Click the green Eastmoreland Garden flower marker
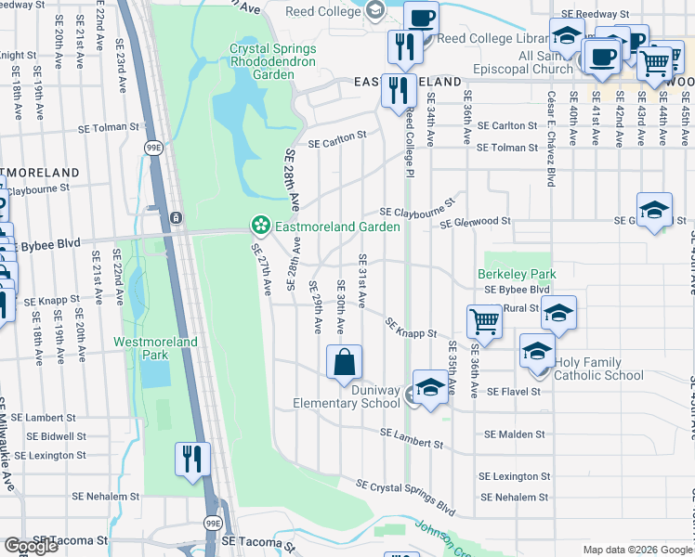click(x=261, y=226)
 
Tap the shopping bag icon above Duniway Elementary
click(x=344, y=362)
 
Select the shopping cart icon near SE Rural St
click(x=484, y=322)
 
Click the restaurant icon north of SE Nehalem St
click(x=192, y=459)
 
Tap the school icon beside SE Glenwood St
click(x=654, y=209)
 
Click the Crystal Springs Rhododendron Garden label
click(x=273, y=55)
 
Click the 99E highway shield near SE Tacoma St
click(x=213, y=524)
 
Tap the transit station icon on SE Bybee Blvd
click(x=176, y=218)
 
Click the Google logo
click(x=31, y=546)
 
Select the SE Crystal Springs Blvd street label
click(x=406, y=498)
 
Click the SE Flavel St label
click(x=513, y=393)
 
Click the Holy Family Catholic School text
click(x=598, y=369)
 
